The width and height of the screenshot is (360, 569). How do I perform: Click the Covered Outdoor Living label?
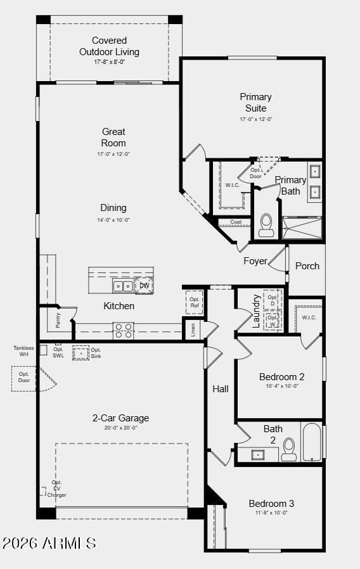(x=109, y=46)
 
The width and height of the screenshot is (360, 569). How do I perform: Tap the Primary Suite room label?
(x=255, y=103)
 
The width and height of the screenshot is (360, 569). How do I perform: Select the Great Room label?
(x=113, y=137)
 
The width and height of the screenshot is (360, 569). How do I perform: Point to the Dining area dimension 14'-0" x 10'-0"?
(x=113, y=220)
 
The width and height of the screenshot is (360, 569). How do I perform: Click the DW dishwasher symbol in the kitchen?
(x=144, y=286)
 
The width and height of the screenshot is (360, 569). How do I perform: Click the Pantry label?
(x=58, y=321)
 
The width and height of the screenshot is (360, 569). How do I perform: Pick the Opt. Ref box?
(x=194, y=302)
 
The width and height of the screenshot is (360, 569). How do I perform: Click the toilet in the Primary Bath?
(x=266, y=225)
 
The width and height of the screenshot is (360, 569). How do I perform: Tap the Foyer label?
(x=255, y=261)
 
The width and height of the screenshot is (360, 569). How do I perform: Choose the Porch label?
(x=307, y=266)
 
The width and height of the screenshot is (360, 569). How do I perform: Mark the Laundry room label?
(x=257, y=310)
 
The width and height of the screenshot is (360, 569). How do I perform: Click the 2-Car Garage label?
(x=120, y=418)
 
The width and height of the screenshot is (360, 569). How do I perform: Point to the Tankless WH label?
(x=24, y=351)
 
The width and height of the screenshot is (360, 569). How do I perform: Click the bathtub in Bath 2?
(x=312, y=443)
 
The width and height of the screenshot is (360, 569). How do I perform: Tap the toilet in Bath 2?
(x=289, y=449)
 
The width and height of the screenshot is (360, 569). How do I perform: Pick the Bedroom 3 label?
(x=271, y=504)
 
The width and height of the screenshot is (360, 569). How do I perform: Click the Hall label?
(x=221, y=389)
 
